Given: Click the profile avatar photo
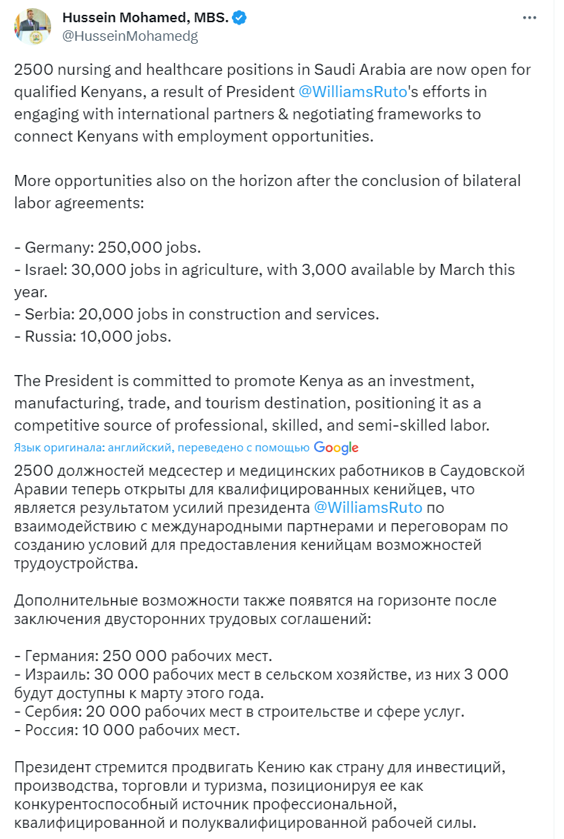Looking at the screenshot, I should pos(32,27).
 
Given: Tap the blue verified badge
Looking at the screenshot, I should pos(239,18).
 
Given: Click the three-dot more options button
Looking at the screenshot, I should pos(528,18).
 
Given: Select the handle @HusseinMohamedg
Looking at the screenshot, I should pos(130,36).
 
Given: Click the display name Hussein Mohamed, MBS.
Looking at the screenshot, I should pos(145,18).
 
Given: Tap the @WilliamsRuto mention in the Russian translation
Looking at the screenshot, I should pos(368,508).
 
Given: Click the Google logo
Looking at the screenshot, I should pos(336,447).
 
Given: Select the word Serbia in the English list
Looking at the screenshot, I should pos(46,314).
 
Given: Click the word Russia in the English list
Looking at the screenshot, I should pos(46,336).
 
